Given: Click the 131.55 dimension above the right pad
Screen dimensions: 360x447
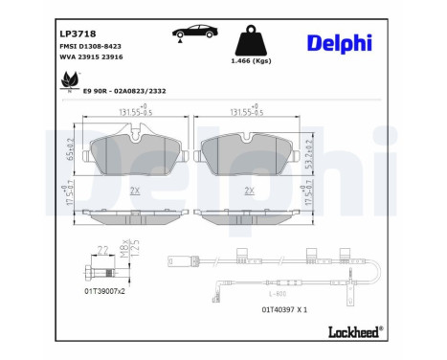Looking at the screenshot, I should [x=247, y=111].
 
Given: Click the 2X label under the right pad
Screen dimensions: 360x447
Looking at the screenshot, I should [x=249, y=191].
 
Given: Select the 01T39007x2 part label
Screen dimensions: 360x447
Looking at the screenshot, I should [x=104, y=289].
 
